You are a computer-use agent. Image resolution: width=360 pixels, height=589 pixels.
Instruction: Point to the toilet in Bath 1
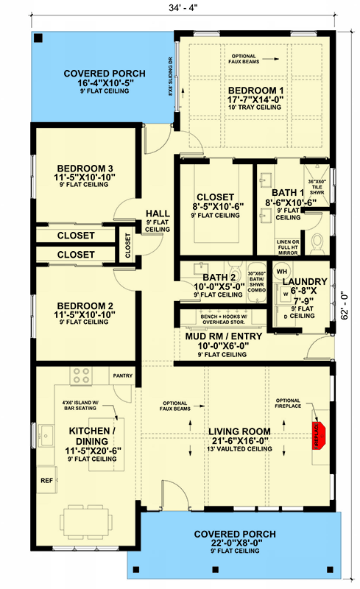(x=317, y=241)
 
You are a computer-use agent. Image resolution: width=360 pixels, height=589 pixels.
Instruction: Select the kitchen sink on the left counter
(x=45, y=434)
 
